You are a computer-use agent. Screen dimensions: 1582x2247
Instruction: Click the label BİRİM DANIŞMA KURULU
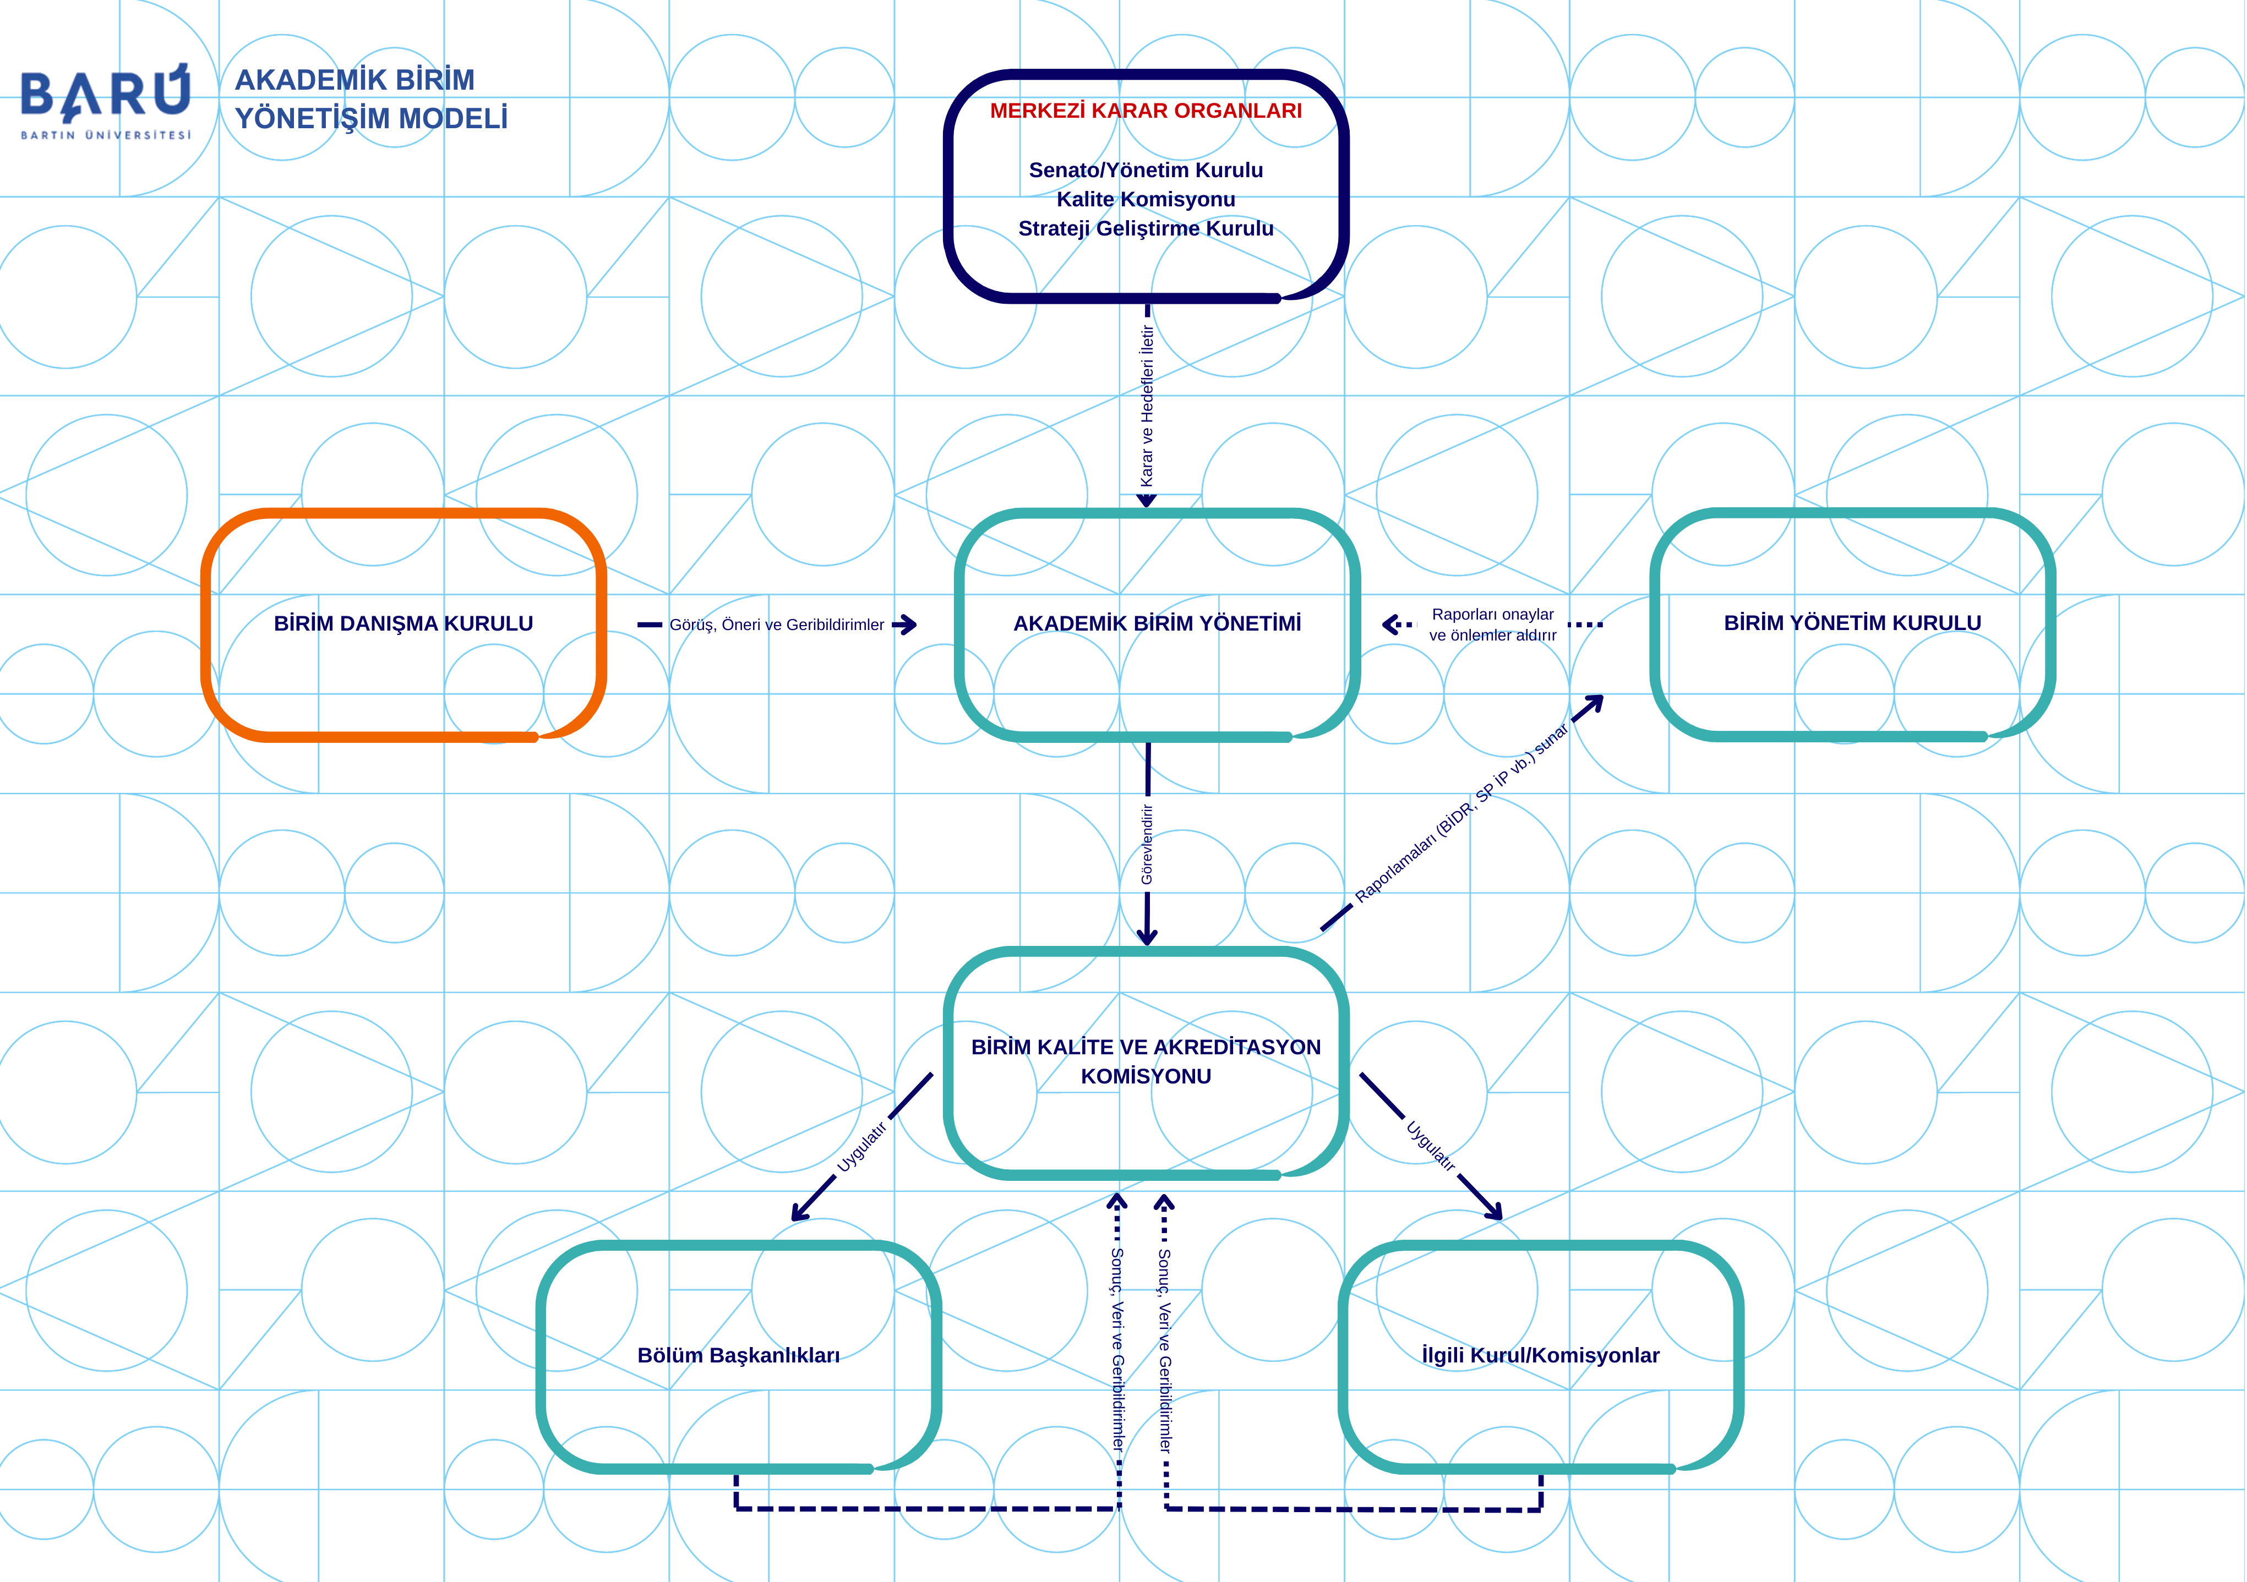coord(403,623)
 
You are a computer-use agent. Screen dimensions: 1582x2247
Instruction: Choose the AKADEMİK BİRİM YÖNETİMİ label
coord(1157,623)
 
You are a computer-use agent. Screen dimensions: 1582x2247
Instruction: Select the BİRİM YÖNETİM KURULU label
coord(1852,622)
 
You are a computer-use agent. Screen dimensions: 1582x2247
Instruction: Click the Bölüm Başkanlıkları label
coord(738,1355)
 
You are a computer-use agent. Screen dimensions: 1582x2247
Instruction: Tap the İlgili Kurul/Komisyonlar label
coord(1540,1355)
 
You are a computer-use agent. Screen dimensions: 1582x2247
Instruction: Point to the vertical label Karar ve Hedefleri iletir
coord(1147,406)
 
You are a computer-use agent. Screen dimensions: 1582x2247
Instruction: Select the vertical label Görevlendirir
coord(1147,844)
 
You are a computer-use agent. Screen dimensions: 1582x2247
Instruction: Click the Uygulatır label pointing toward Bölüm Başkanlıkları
coord(861,1147)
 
